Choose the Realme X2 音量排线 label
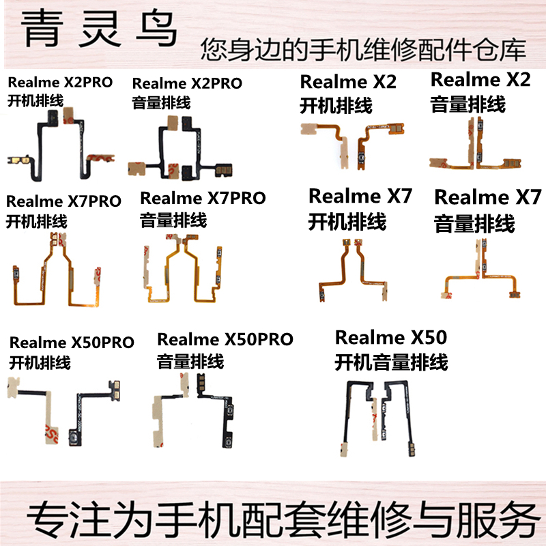[480, 91]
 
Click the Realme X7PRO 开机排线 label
[63, 210]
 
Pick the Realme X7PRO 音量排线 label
[202, 208]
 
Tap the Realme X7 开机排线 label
[360, 208]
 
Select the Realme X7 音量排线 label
[483, 210]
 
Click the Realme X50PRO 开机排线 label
[71, 351]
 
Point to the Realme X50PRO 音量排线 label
[225, 349]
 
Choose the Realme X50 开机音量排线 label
[391, 349]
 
